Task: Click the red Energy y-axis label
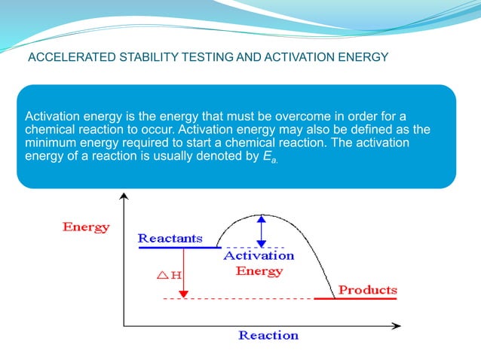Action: click(x=86, y=227)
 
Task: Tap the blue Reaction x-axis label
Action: click(x=268, y=335)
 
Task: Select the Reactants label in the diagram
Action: click(x=170, y=238)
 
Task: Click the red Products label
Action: click(x=367, y=290)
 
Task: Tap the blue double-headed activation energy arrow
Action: click(x=261, y=231)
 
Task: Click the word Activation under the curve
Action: click(x=259, y=256)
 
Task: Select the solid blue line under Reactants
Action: click(x=177, y=247)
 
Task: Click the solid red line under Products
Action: click(x=354, y=299)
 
